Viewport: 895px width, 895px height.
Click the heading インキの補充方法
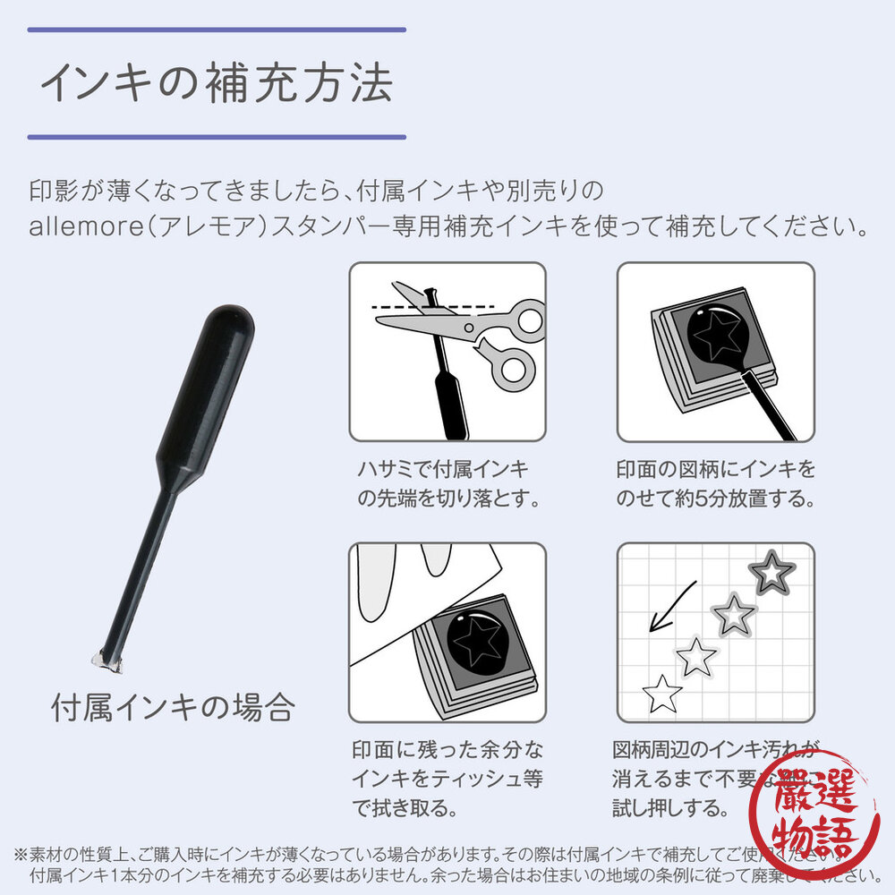[x=217, y=84]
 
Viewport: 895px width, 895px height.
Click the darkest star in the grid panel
[x=771, y=570]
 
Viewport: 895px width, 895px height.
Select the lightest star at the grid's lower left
[x=663, y=693]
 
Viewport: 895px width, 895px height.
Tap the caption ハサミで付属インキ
[x=442, y=469]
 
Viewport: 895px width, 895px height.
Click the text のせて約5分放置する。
[x=715, y=499]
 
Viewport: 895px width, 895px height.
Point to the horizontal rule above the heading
[x=217, y=30]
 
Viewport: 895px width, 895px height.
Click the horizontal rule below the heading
[x=217, y=137]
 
